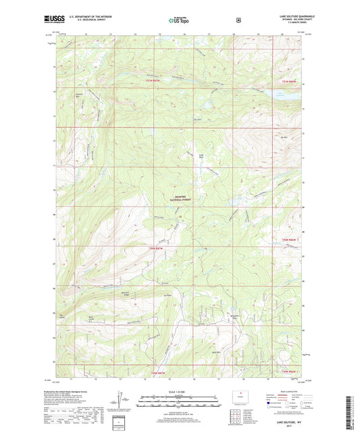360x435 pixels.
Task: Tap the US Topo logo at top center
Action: pos(179,21)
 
